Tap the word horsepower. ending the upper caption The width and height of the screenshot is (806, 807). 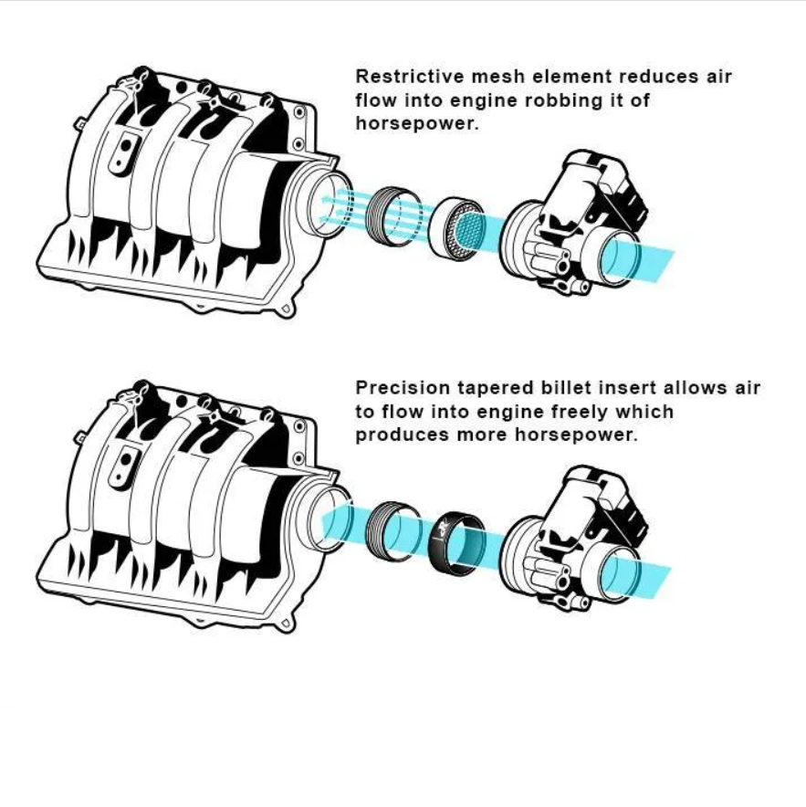point(417,123)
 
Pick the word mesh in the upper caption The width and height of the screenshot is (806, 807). point(497,76)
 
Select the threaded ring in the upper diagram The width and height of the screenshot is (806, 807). point(393,215)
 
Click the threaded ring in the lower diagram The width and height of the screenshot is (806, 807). point(393,531)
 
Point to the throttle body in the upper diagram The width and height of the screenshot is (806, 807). point(573,223)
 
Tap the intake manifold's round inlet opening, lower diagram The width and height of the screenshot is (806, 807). point(330,519)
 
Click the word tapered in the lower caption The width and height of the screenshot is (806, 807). point(495,389)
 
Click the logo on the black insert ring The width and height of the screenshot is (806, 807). point(443,528)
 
